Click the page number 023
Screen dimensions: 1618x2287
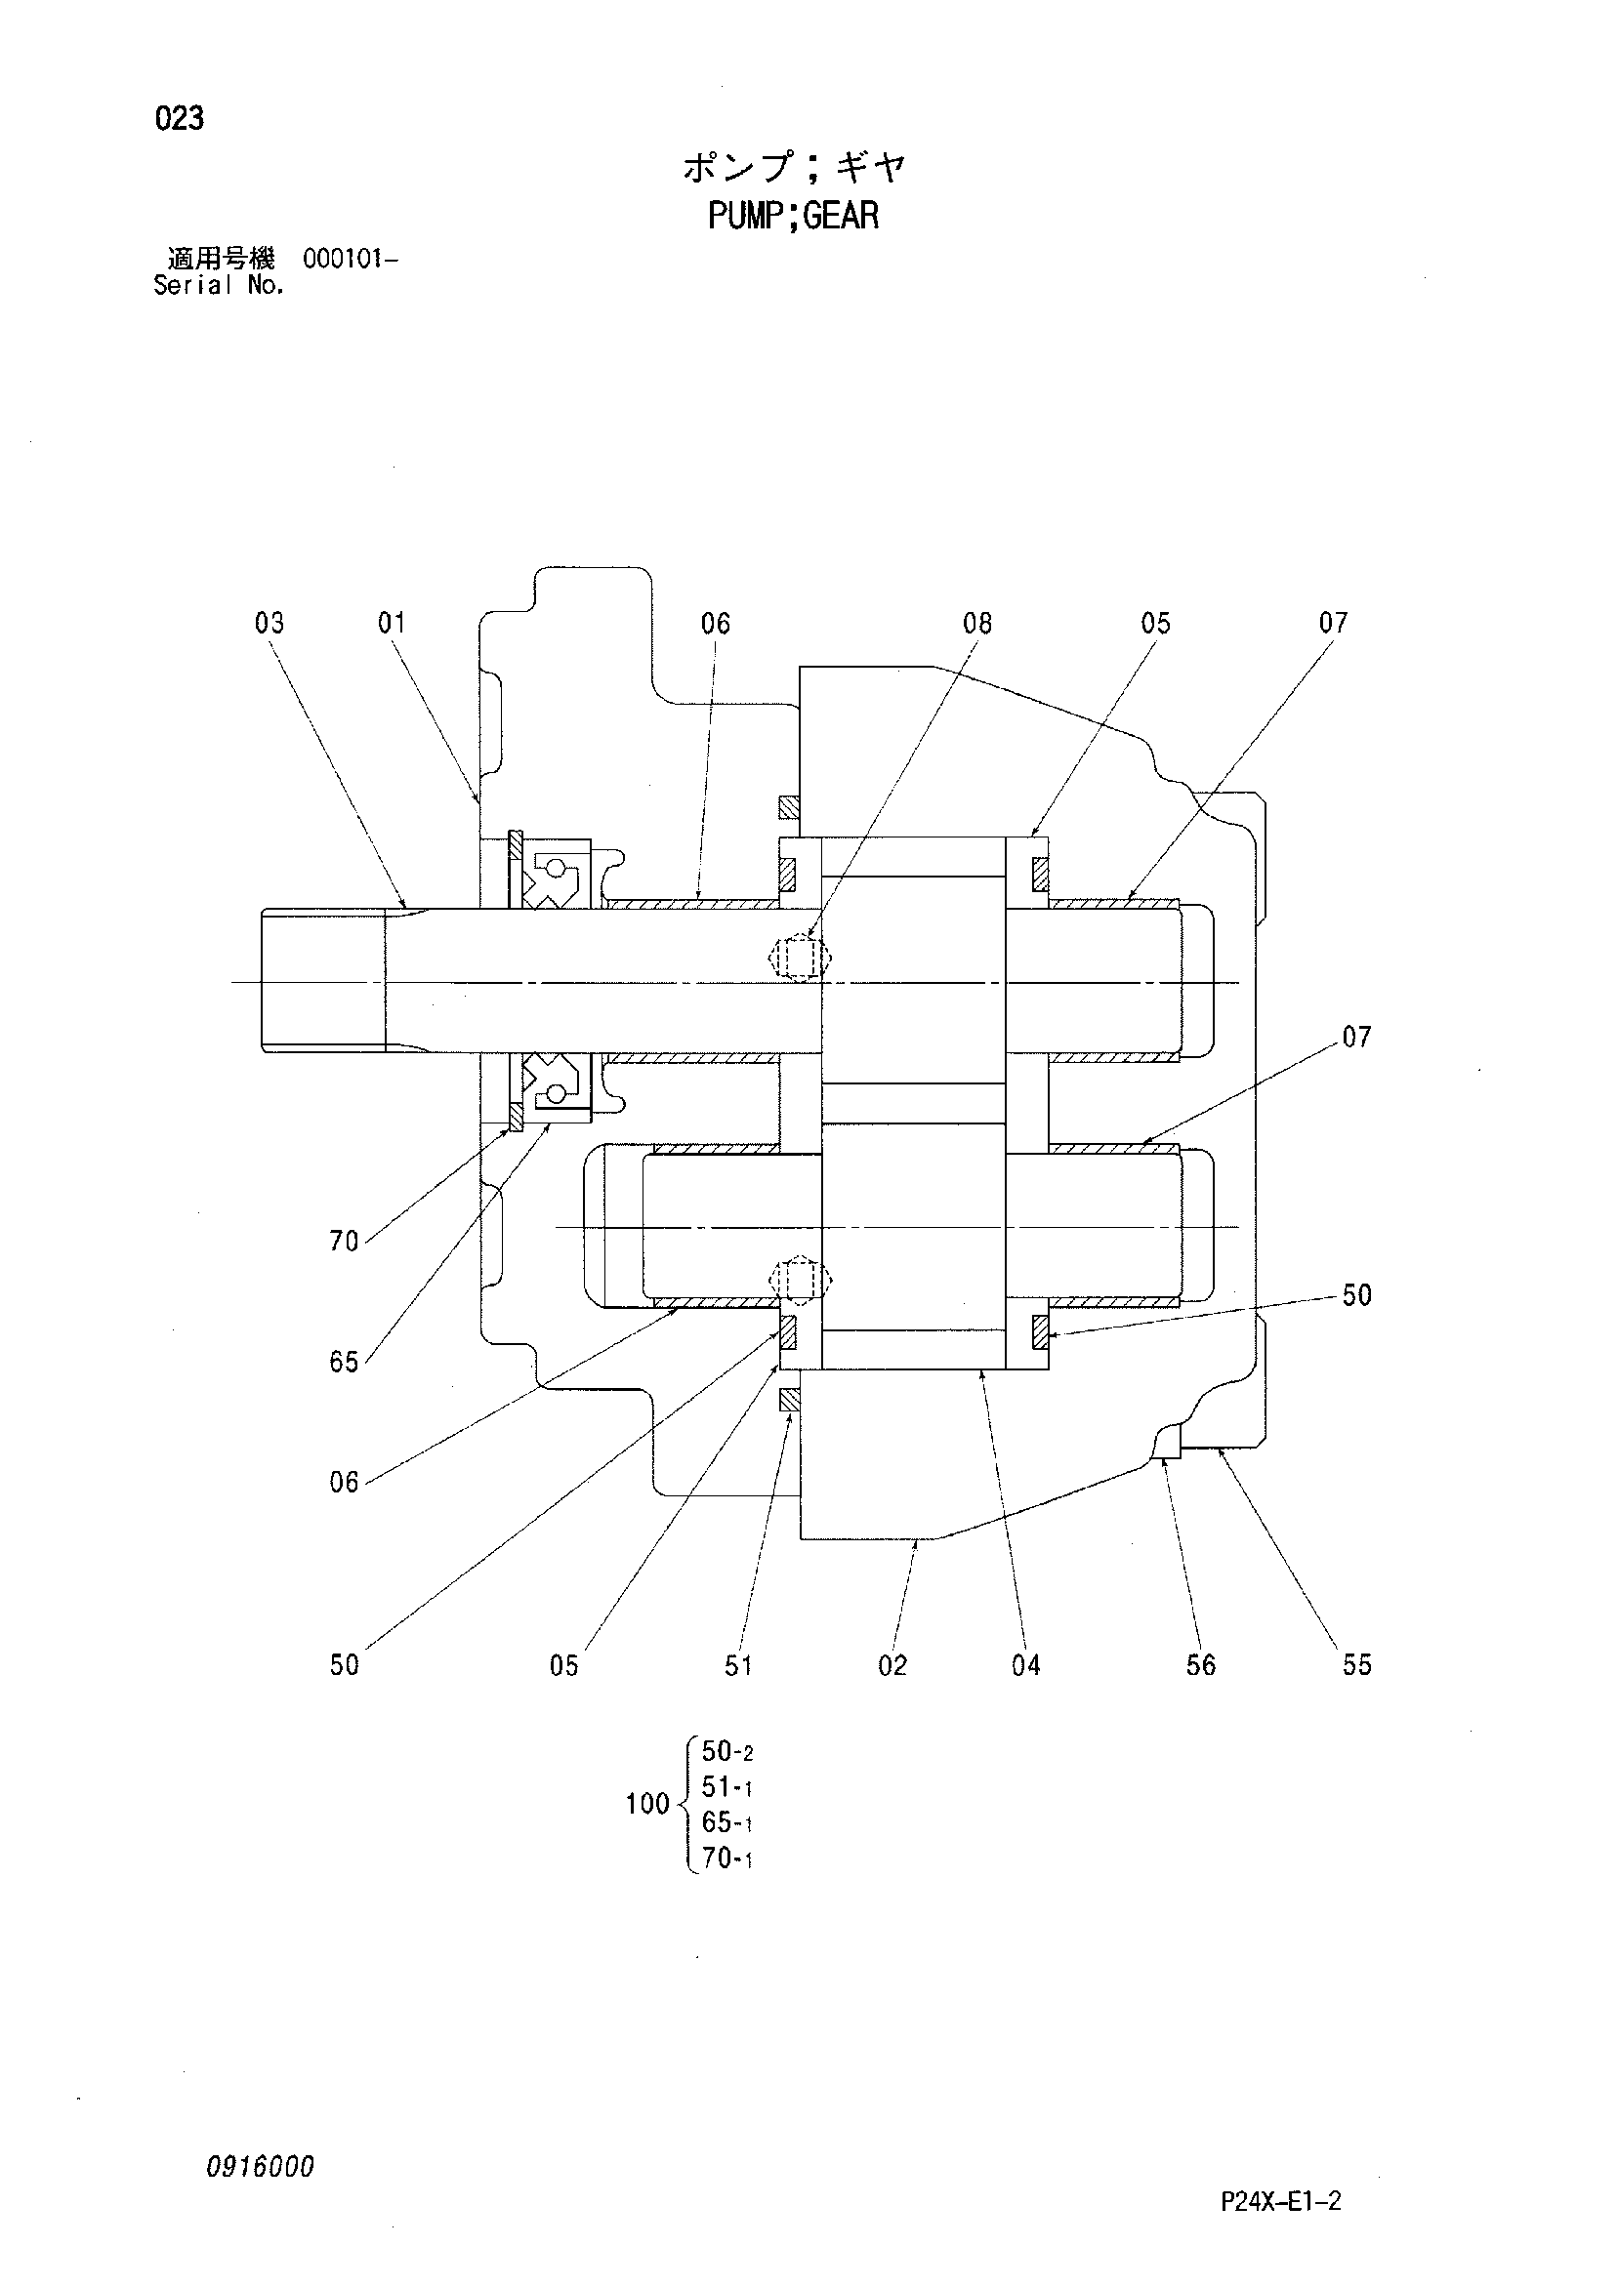pos(180,118)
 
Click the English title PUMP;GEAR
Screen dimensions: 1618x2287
pos(793,215)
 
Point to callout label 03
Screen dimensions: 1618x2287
pos(269,623)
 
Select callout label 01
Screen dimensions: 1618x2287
pos(392,623)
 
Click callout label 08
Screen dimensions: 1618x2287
pos(977,623)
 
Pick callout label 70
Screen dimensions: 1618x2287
pos(344,1242)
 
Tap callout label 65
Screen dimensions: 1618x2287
pos(344,1362)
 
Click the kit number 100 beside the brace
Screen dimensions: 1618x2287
pos(646,1804)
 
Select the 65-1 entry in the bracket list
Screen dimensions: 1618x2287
pos(726,1822)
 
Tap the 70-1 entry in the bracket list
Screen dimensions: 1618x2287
pos(726,1858)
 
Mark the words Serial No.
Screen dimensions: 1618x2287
pos(219,285)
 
